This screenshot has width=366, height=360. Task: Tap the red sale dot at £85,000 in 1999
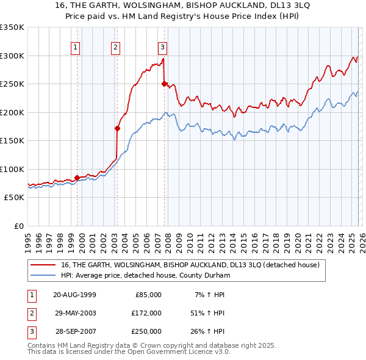point(77,178)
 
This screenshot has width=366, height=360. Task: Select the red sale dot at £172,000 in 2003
point(117,128)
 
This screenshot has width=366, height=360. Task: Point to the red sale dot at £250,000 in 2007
point(164,84)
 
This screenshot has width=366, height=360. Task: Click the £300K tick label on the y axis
point(12,56)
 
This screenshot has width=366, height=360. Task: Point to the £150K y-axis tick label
point(12,141)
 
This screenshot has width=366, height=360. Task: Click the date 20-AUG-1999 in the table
point(74,295)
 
